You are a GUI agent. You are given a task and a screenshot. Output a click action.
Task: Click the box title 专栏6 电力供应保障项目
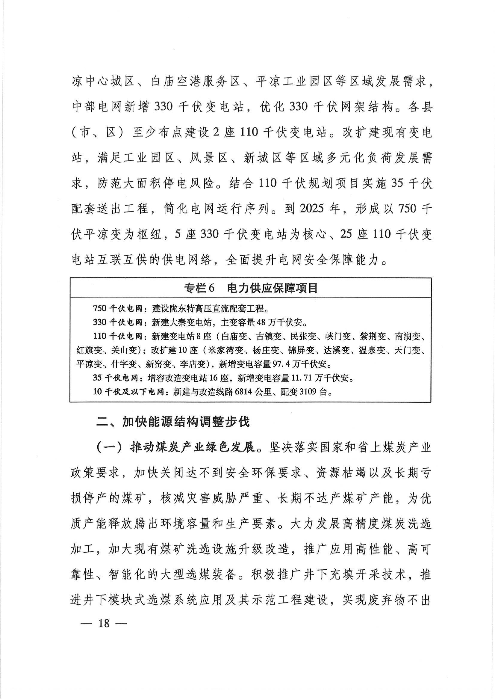(251, 288)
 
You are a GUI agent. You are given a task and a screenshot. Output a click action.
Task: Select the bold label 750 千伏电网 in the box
(118, 309)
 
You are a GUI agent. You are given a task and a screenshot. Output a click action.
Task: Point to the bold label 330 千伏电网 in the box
(118, 322)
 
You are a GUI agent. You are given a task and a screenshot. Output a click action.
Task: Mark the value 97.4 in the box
(285, 364)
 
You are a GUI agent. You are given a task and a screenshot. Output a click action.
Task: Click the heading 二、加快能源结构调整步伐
(173, 422)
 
